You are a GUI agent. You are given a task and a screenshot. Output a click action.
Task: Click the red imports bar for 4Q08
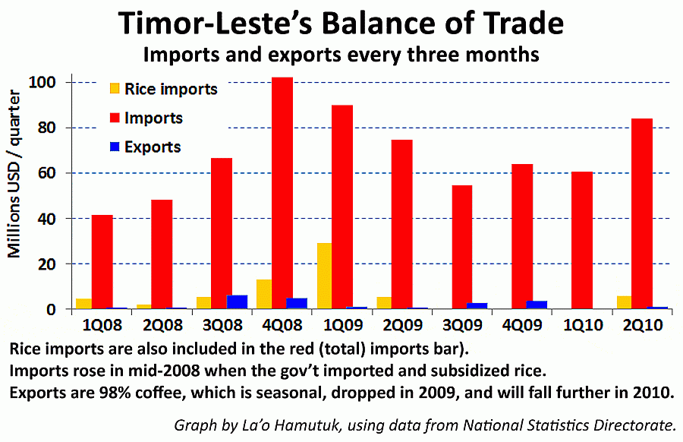coord(282,193)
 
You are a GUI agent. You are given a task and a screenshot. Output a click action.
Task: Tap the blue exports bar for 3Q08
coord(237,302)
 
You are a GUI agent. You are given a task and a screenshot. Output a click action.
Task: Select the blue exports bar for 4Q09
coord(537,305)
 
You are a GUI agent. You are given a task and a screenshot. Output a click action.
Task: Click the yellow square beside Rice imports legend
coord(115,89)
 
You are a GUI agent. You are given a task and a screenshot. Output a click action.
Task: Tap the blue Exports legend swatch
coord(115,147)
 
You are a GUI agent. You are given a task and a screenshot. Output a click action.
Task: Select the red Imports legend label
coord(153,118)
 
